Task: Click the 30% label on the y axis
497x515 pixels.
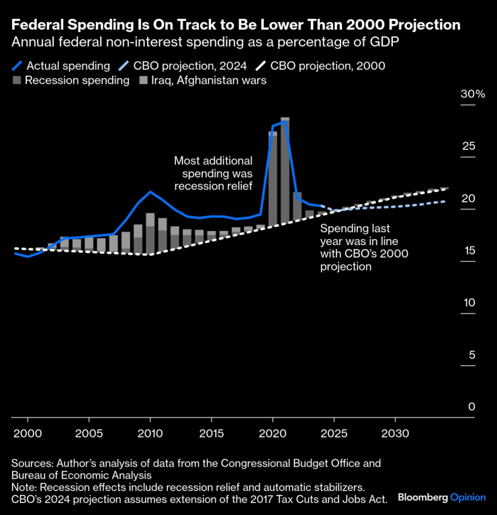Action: click(472, 94)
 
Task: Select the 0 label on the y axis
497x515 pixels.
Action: click(471, 407)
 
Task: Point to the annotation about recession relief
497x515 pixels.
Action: click(213, 173)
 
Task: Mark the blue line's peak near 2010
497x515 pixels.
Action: click(150, 192)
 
